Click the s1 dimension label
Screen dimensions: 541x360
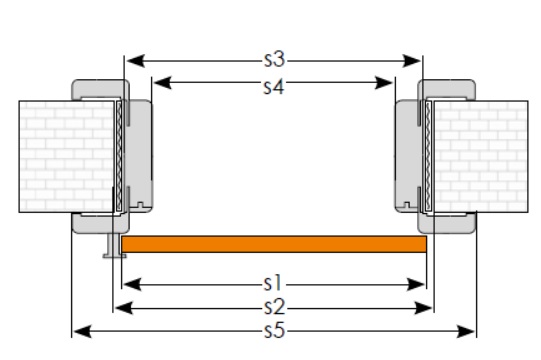tap(273, 284)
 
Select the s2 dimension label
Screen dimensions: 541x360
tap(275, 307)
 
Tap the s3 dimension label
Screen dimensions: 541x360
tap(275, 59)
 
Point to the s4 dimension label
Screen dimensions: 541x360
tap(274, 87)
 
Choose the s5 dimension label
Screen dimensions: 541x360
tap(275, 330)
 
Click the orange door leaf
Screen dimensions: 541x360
tap(274, 244)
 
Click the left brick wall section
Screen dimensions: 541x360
tap(66, 156)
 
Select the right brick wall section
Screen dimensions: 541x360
tap(481, 156)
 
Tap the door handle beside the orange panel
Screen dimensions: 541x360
tap(114, 246)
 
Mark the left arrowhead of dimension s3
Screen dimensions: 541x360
tap(135, 61)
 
